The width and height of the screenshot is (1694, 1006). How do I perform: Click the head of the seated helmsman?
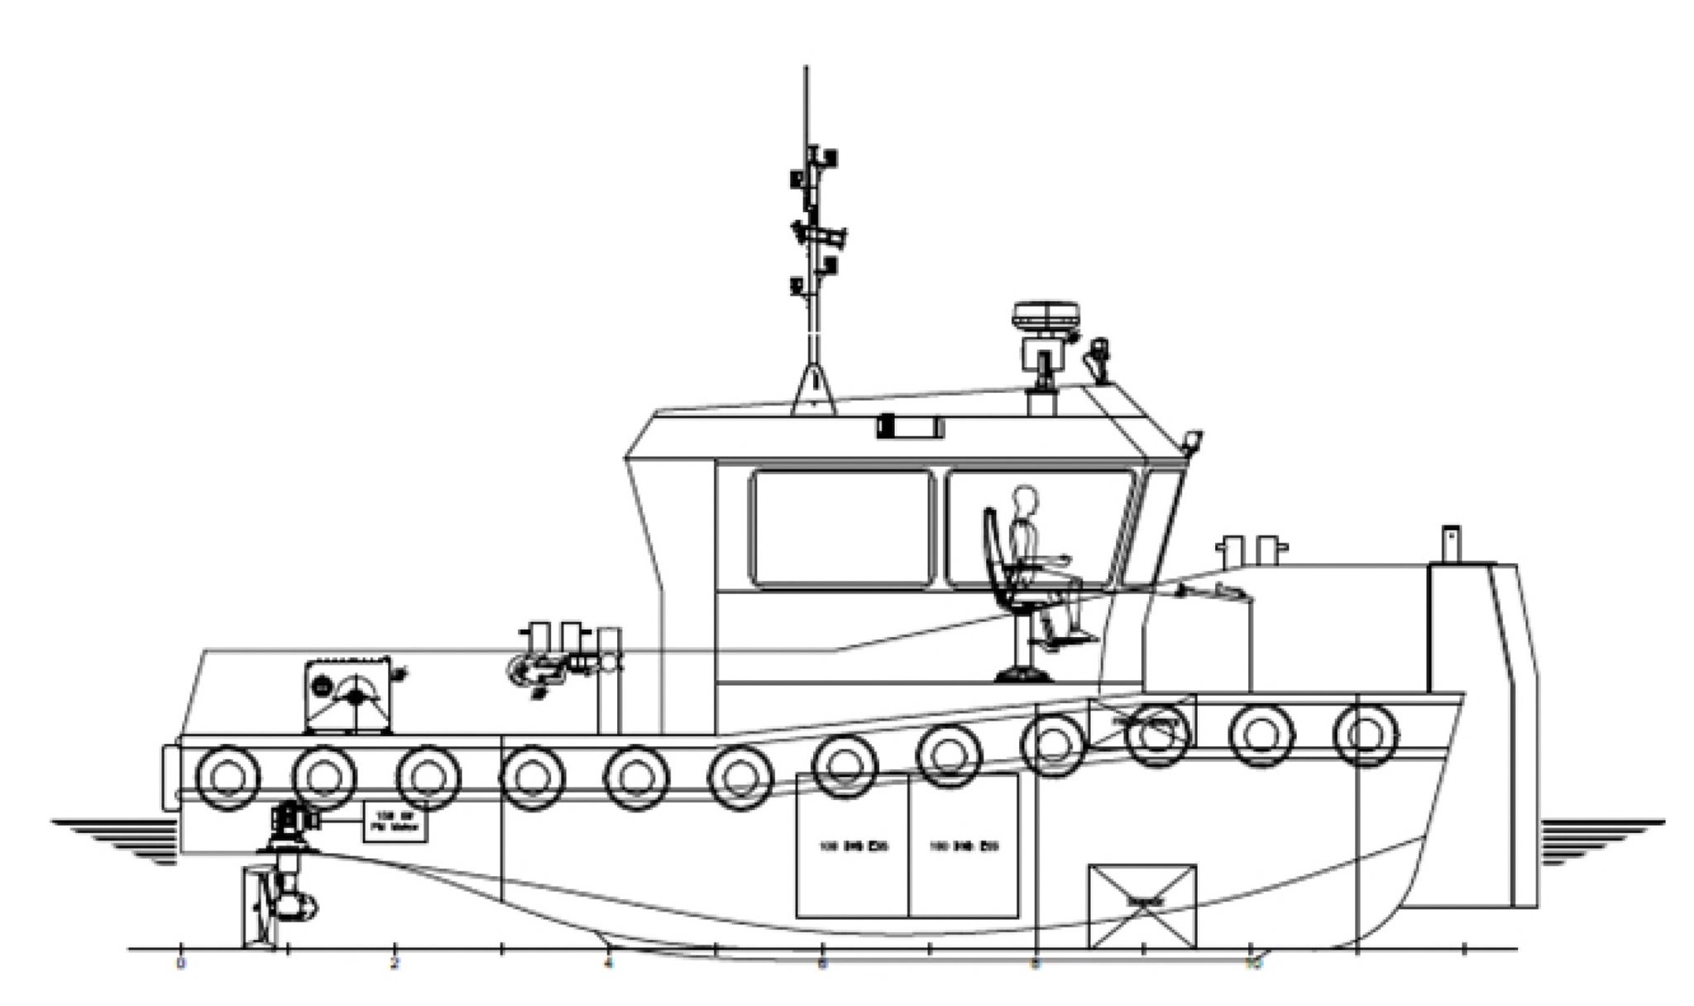click(x=1024, y=501)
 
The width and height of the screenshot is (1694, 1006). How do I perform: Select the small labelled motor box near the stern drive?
click(x=395, y=822)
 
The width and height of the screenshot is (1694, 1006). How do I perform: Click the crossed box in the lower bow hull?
click(x=1142, y=906)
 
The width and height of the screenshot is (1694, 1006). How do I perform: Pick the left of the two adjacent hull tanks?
click(x=852, y=846)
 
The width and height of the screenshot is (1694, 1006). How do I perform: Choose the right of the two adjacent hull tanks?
click(x=964, y=846)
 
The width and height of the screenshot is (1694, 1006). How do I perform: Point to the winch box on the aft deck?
click(x=348, y=695)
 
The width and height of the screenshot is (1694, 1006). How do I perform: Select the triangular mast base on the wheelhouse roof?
click(x=814, y=392)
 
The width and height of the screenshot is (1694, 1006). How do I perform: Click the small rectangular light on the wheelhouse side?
click(x=910, y=427)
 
